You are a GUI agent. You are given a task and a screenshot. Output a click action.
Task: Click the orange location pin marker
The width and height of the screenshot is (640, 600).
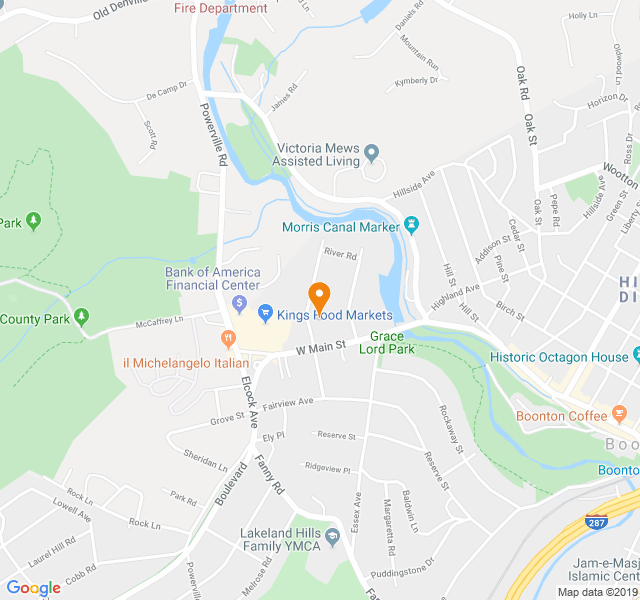[319, 296]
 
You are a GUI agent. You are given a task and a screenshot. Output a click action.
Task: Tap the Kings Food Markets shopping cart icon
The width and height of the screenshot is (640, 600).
[266, 314]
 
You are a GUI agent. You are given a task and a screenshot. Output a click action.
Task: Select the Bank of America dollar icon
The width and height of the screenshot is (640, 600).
[240, 303]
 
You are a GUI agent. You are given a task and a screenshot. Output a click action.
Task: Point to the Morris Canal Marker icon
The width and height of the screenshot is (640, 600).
[409, 226]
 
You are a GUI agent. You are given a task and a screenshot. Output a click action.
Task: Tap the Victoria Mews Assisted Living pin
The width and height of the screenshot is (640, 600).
[371, 154]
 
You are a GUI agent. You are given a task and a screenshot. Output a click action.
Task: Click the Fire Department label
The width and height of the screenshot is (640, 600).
[221, 8]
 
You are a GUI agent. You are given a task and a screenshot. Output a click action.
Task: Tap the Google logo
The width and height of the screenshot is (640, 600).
[33, 588]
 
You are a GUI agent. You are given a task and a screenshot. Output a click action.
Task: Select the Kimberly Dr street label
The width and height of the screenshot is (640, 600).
[417, 80]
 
